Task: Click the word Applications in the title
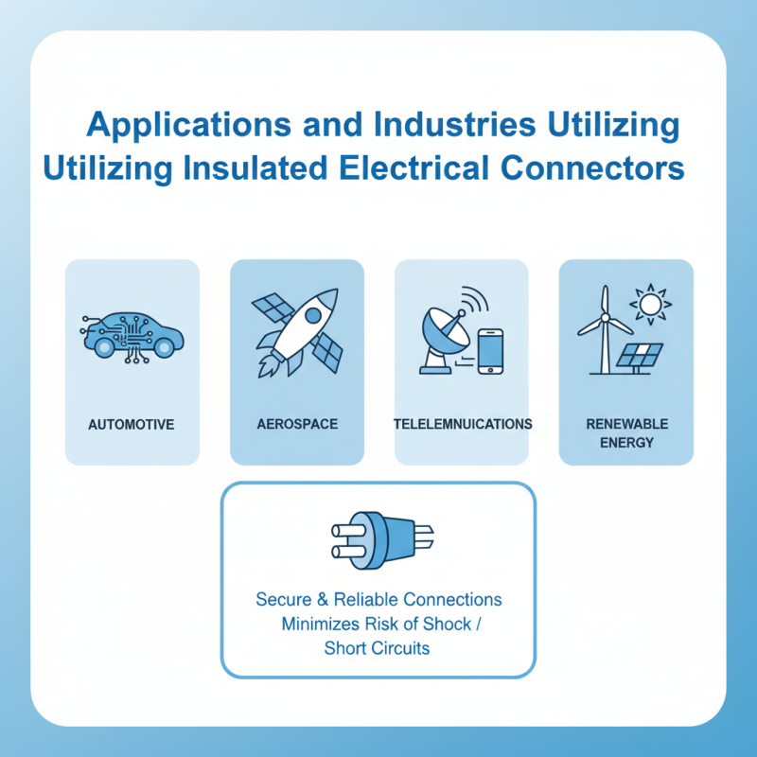188,125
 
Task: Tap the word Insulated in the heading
255,168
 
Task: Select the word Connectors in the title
592,168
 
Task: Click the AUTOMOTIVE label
132,424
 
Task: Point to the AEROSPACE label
297,424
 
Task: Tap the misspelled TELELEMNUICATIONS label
463,424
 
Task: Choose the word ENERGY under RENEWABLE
626,442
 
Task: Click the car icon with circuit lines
132,337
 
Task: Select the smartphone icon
490,351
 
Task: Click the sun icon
650,304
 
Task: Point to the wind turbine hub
605,318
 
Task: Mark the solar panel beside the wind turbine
640,356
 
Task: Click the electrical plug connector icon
382,540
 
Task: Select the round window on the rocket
313,316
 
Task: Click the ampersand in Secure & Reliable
323,600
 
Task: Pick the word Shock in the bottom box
447,624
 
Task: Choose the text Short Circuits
377,648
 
